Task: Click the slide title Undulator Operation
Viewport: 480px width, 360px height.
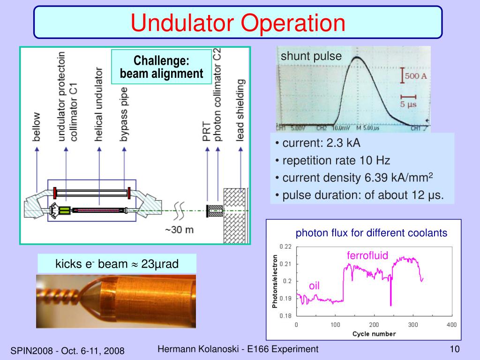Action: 238,22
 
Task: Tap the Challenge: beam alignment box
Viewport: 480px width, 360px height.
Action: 161,67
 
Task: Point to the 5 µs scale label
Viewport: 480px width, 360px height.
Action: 408,105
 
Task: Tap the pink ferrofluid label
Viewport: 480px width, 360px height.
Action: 367,255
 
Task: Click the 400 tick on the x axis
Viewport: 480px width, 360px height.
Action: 451,325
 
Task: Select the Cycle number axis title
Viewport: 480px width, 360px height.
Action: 374,334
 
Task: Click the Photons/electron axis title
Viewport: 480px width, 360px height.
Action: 275,281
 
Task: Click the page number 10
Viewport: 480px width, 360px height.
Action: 454,349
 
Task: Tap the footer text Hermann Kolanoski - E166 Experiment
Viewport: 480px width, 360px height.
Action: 238,349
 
